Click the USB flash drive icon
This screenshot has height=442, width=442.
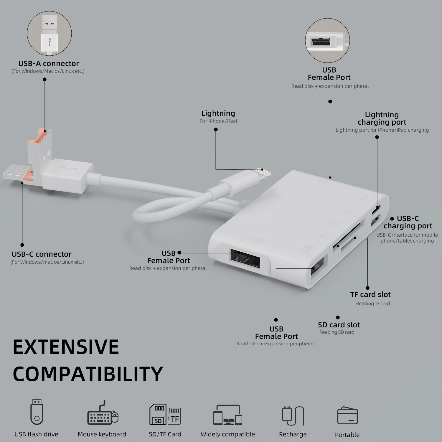pos(37,412)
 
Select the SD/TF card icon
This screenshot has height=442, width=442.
pos(165,414)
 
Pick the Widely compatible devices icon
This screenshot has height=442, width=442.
pos(228,415)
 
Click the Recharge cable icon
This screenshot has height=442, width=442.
pos(293,416)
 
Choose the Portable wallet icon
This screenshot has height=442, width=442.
pos(347,415)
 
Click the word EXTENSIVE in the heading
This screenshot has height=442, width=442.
pos(66,347)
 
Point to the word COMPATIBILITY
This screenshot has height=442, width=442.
pos(88,374)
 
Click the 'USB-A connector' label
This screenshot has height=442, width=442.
pos(49,63)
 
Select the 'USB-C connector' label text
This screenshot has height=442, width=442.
pos(42,254)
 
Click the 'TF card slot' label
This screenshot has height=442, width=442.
pos(370,294)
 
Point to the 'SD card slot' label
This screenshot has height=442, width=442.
pos(339,325)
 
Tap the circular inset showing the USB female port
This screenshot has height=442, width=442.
pos(327,40)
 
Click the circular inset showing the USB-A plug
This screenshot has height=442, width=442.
pos(49,33)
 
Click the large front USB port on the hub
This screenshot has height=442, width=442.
pos(245,259)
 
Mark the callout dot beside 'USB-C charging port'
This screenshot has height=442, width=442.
pos(392,219)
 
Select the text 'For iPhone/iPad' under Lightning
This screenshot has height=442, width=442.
pos(218,121)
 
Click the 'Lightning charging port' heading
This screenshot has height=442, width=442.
pos(382,118)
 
